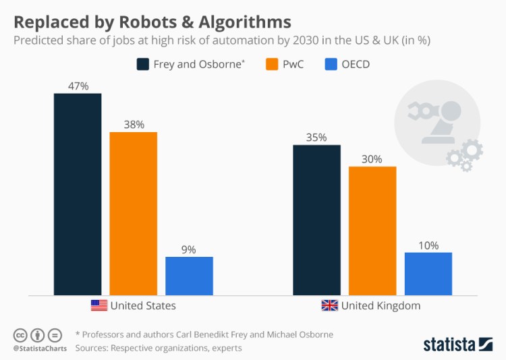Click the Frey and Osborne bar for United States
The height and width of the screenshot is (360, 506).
click(x=78, y=194)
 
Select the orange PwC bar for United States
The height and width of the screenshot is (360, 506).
click(x=134, y=213)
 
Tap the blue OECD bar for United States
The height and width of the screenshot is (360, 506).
click(x=189, y=276)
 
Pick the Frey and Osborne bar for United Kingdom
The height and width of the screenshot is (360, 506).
click(x=316, y=220)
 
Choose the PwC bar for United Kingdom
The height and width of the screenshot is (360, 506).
click(x=372, y=231)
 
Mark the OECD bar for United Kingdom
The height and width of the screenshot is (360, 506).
click(x=428, y=274)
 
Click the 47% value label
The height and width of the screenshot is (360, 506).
click(x=78, y=86)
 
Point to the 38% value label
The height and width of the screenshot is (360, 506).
click(x=134, y=125)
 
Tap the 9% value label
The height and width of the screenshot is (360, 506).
click(x=189, y=249)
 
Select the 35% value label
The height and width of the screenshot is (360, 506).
click(x=316, y=138)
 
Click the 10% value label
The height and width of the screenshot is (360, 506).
click(x=428, y=245)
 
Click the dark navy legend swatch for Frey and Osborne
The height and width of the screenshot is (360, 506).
click(x=143, y=65)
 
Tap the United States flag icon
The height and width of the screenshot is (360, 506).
click(x=99, y=305)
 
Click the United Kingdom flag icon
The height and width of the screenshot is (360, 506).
click(x=329, y=305)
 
